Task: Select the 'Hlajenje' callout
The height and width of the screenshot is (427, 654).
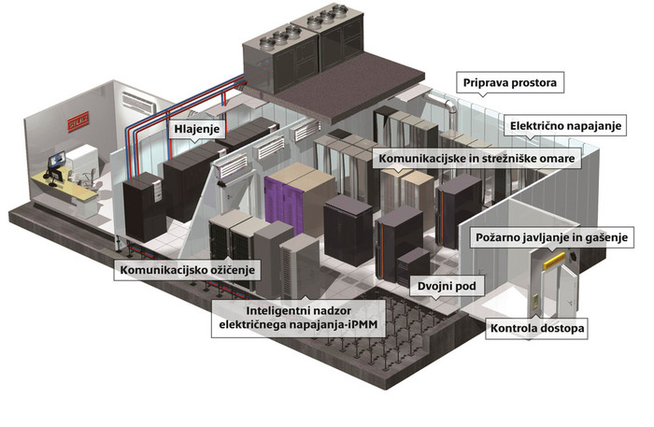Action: (195, 128)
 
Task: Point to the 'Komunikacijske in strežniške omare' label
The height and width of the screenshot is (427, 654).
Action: (476, 160)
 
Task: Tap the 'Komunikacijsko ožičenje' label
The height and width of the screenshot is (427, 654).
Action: (187, 270)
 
